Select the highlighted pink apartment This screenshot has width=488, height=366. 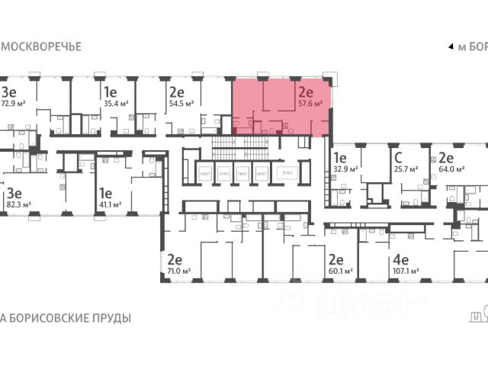coord(282,107)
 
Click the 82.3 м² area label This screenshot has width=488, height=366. coord(18,204)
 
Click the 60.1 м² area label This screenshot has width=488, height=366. coord(340,271)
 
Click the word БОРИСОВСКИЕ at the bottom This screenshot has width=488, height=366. coord(48,317)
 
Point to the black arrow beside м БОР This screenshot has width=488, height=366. coord(451,47)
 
